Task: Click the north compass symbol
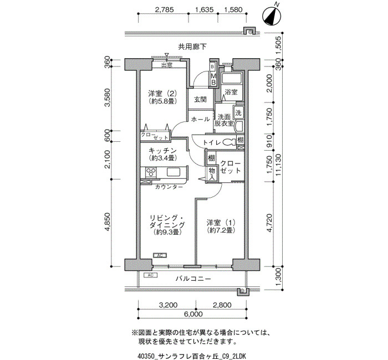click(272, 16)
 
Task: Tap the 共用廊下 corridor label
click(192, 47)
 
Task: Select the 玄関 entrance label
click(200, 100)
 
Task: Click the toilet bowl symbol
click(229, 142)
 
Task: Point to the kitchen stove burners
click(151, 172)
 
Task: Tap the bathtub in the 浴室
click(232, 79)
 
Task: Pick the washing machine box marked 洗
click(238, 113)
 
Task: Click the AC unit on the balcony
click(150, 275)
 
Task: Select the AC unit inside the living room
click(160, 255)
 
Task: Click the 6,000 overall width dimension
click(193, 314)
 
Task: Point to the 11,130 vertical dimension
click(279, 164)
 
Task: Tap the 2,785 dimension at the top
click(164, 9)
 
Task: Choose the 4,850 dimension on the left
click(108, 222)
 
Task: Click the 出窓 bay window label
click(167, 65)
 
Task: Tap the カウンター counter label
click(169, 187)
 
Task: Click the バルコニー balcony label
click(193, 279)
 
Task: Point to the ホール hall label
click(201, 120)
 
